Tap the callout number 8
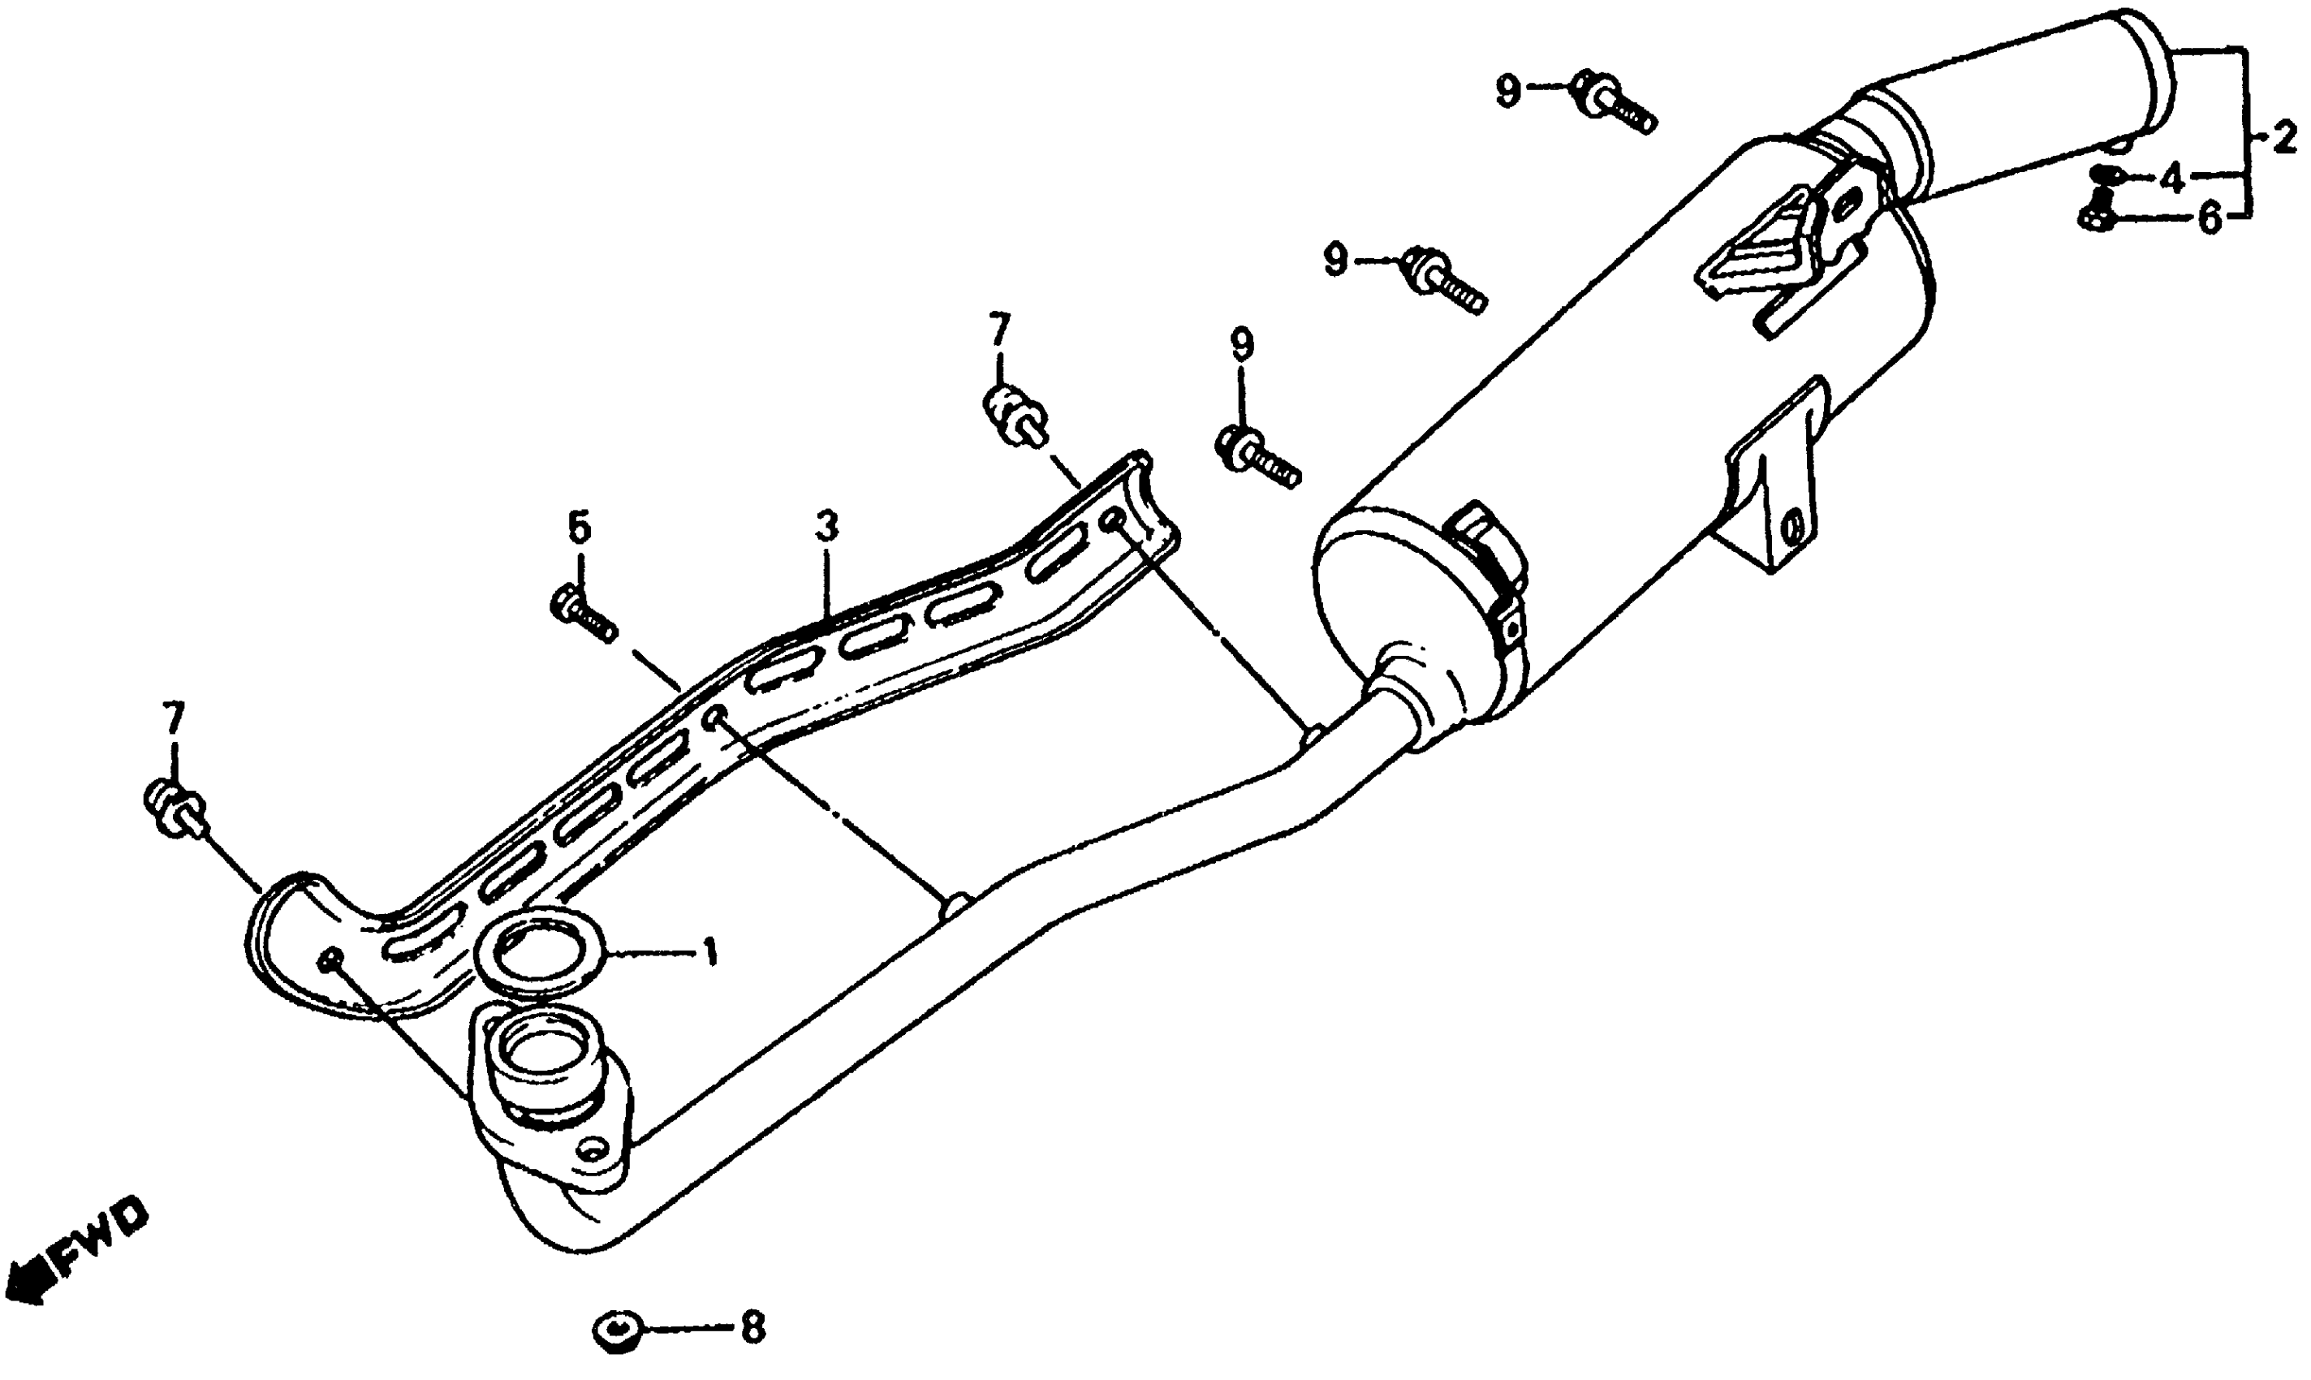(752, 1329)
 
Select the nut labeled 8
(616, 1330)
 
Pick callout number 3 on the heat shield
(826, 528)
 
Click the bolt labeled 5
(583, 615)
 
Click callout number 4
(2171, 178)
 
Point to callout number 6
(2209, 219)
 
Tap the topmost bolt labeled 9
(1614, 104)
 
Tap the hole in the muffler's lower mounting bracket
(1791, 528)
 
